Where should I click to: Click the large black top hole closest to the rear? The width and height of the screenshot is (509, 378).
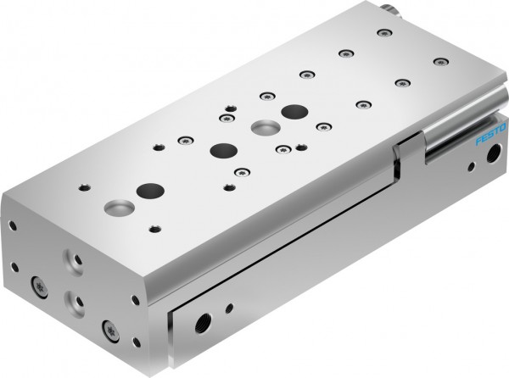[294, 113]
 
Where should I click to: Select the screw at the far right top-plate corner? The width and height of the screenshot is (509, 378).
[439, 62]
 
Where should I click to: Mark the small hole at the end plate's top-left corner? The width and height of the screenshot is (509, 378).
[12, 225]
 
